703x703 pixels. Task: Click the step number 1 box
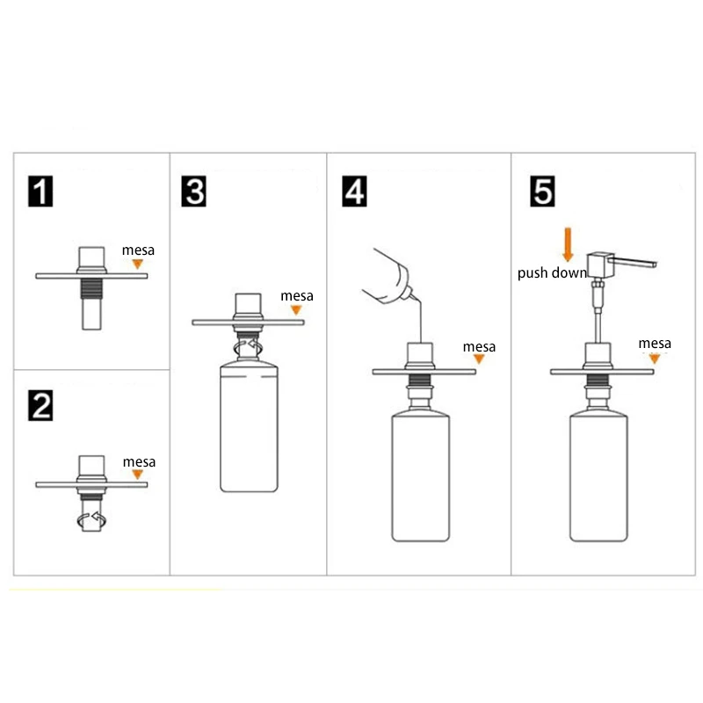point(40,192)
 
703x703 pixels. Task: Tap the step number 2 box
point(40,405)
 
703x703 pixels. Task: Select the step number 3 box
point(193,192)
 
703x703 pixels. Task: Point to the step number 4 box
point(354,192)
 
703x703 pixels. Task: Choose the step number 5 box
point(542,192)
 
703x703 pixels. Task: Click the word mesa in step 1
point(138,250)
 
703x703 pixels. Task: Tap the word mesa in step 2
point(139,462)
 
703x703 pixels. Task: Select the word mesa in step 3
point(297,296)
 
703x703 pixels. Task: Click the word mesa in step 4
point(479,346)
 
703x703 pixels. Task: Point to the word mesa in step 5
point(655,344)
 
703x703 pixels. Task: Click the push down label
point(552,273)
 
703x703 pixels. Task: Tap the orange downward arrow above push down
point(568,244)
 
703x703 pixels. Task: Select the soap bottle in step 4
point(421,475)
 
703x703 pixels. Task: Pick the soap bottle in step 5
point(598,475)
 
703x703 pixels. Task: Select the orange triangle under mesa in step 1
point(138,265)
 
